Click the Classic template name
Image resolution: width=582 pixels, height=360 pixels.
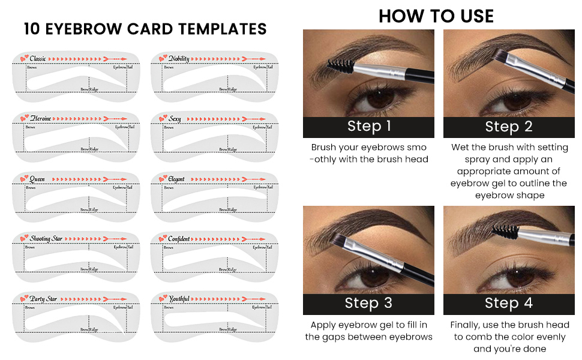38,58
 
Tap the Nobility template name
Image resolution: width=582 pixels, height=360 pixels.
179,58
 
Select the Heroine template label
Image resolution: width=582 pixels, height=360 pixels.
40,119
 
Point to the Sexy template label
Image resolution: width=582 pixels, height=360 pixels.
175,119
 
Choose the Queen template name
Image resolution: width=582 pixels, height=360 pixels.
37,179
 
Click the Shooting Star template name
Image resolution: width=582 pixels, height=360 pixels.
46,239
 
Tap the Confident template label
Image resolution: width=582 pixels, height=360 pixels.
179,239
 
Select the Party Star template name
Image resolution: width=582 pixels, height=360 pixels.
43,299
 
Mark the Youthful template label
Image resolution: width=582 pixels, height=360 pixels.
179,299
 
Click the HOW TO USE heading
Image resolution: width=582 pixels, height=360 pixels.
436,16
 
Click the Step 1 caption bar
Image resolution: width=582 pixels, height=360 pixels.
368,127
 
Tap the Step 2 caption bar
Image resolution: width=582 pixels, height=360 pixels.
508,127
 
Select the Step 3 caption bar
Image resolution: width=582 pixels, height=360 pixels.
368,304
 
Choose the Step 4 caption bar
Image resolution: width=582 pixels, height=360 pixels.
508,304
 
